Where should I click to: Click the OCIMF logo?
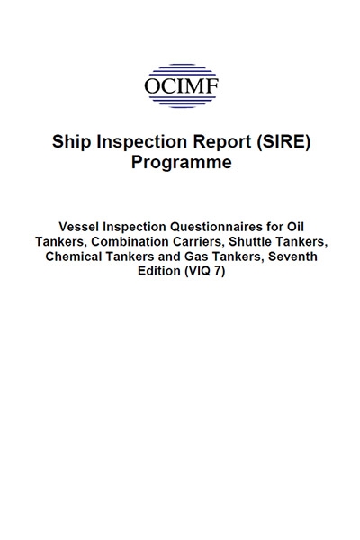(x=181, y=86)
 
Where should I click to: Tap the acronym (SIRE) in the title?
(x=283, y=141)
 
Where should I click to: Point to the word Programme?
(x=182, y=163)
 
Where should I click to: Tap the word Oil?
(x=294, y=227)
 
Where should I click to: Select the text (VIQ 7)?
(x=205, y=272)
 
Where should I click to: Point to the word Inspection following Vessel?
(x=134, y=228)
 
